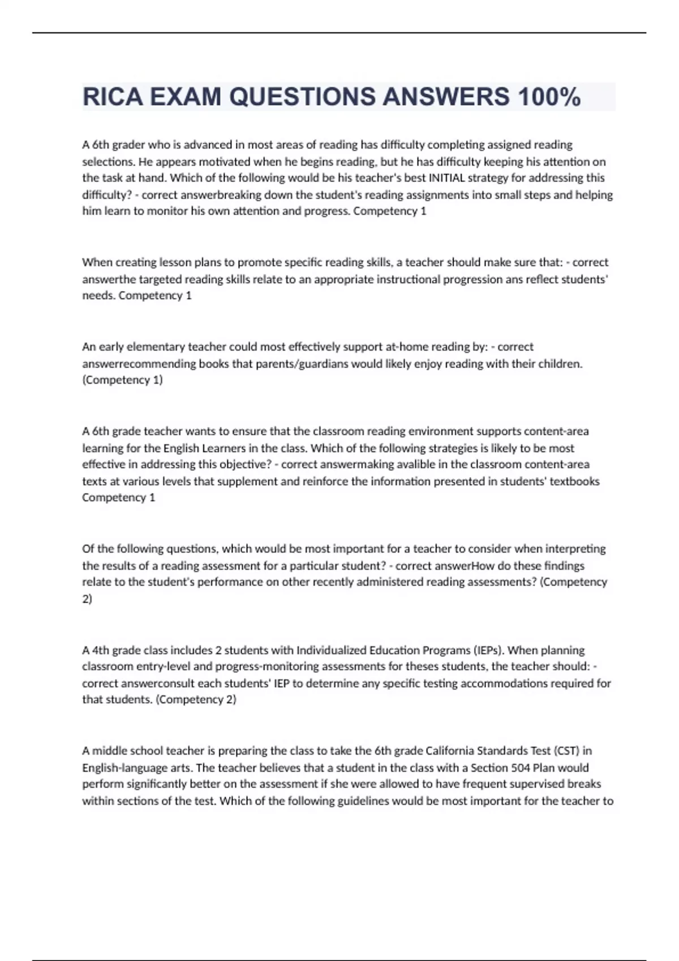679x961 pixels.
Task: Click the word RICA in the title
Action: tap(113, 97)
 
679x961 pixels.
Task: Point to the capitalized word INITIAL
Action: tap(446, 178)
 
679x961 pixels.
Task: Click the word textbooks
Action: tap(574, 482)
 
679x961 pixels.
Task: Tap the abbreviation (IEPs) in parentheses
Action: tap(487, 650)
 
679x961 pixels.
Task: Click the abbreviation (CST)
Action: tap(566, 751)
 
